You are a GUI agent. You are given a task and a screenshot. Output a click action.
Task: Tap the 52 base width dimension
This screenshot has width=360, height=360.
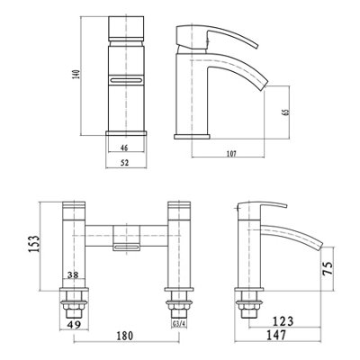click(125, 163)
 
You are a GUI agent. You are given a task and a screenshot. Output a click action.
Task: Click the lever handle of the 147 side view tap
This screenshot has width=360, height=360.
click(255, 213)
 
